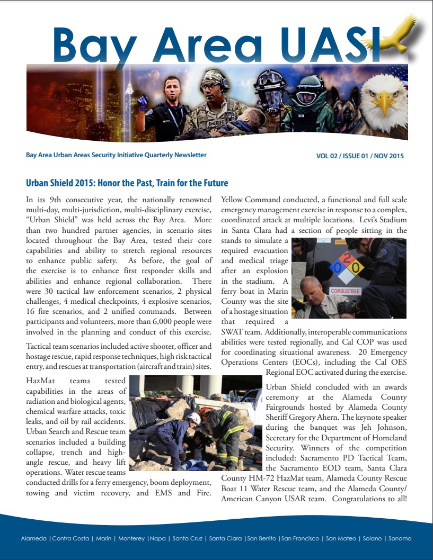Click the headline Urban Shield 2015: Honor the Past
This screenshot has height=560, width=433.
(x=127, y=184)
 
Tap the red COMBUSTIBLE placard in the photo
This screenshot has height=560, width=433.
(x=345, y=291)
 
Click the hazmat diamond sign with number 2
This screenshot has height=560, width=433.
(x=347, y=264)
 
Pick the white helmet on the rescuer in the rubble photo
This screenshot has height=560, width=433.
(x=195, y=418)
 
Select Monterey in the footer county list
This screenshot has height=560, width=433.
(x=131, y=539)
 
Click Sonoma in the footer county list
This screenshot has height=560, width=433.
(x=400, y=539)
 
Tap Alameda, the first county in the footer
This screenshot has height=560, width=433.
(x=33, y=539)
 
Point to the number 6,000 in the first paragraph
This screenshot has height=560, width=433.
(x=148, y=321)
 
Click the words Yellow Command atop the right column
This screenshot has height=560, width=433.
(x=250, y=200)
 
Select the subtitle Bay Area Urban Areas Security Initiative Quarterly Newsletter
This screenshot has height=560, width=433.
(x=116, y=155)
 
